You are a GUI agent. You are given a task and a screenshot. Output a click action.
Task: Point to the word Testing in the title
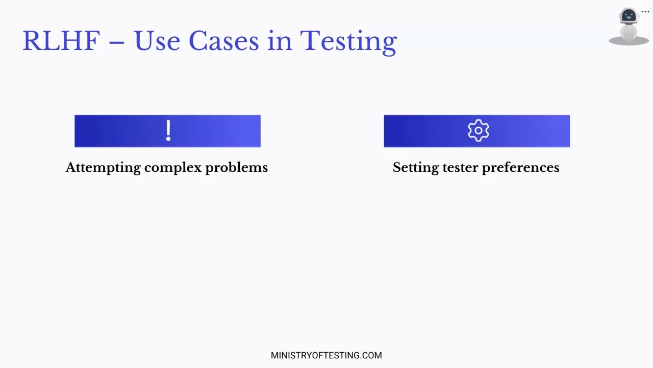(x=348, y=42)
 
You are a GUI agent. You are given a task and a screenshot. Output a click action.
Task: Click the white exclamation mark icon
(x=168, y=130)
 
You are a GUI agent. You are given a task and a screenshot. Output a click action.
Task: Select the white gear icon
(x=479, y=130)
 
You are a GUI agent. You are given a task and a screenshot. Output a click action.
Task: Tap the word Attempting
(x=103, y=168)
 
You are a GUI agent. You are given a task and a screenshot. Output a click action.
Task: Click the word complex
(x=173, y=168)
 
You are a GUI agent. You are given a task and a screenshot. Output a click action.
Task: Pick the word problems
(x=236, y=168)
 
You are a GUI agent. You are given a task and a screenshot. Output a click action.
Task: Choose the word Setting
(x=416, y=168)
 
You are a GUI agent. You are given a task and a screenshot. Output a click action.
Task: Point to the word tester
(x=461, y=168)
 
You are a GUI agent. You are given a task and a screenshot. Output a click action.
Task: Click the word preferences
(x=521, y=168)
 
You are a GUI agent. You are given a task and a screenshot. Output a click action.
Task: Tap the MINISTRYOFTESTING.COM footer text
(x=326, y=355)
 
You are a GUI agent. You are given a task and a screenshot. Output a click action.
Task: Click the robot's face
(x=629, y=15)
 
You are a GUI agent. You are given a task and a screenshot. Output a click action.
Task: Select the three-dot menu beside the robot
(x=645, y=12)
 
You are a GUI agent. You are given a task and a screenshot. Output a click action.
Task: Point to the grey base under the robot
(x=629, y=41)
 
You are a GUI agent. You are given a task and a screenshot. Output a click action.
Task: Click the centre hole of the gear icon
(x=479, y=130)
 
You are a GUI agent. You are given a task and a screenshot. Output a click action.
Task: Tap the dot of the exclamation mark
(x=168, y=139)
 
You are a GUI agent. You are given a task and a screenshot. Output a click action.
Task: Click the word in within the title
(x=280, y=41)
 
